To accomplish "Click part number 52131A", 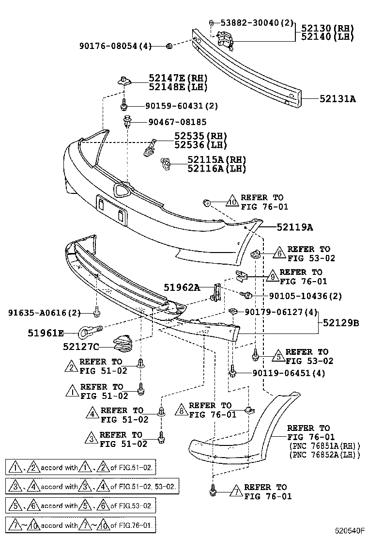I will (337, 99).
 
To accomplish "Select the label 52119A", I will (295, 227).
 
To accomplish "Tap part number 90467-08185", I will (177, 122).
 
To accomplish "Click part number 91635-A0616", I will (44, 312).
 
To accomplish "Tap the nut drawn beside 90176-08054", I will (169, 46).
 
